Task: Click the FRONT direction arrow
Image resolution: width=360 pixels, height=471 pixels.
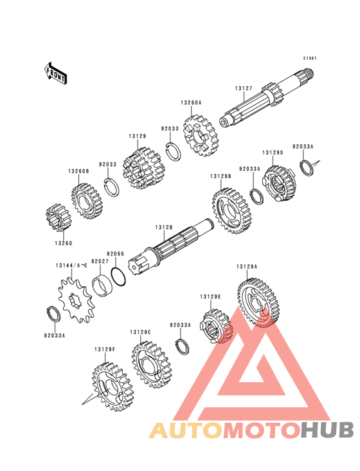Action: (55, 73)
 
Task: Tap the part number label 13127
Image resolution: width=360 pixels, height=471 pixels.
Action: (244, 89)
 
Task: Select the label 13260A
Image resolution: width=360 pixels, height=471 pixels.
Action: (191, 103)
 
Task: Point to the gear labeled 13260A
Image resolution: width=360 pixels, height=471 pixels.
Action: (201, 136)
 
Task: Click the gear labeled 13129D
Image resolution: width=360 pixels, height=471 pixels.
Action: (280, 184)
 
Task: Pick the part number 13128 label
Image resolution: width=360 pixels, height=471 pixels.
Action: (164, 227)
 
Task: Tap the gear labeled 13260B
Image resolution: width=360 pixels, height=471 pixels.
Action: (87, 201)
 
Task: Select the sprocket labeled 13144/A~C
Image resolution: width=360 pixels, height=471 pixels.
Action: (76, 300)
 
